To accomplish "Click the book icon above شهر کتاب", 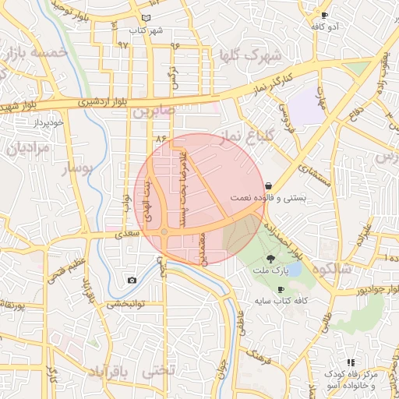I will click(x=147, y=18).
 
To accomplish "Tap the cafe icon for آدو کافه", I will click(x=325, y=15).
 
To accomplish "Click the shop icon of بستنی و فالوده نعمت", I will click(x=269, y=186).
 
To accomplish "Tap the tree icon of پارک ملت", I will click(x=270, y=258).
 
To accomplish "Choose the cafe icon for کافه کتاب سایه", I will click(x=281, y=289).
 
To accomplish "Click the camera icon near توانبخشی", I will click(x=132, y=280).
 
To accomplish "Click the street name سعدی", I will click(x=127, y=233).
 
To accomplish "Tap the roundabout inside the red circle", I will click(x=164, y=232).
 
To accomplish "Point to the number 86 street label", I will click(x=162, y=138).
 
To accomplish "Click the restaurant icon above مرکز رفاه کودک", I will click(x=351, y=362).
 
